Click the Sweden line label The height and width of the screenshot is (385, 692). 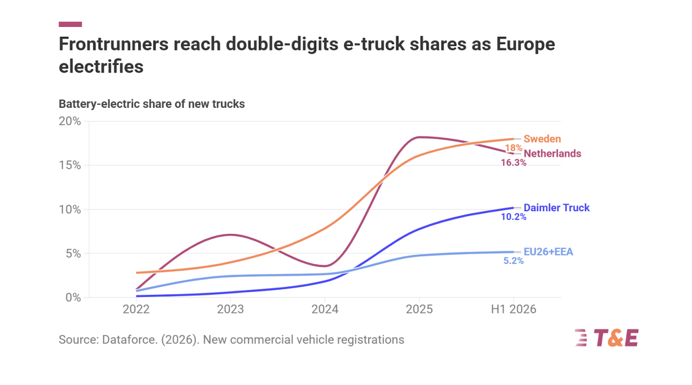coord(542,139)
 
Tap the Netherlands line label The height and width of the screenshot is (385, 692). coord(552,154)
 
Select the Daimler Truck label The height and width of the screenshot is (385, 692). coord(557,208)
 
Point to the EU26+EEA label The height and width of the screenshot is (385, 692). coord(548,252)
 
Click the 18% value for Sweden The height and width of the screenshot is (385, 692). coord(513,148)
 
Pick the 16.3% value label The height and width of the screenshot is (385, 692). coord(513,163)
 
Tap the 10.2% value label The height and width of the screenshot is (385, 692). coord(513,217)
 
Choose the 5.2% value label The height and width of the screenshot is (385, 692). coord(513,261)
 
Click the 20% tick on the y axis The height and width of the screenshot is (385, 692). coord(70,121)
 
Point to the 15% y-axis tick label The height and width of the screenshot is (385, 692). coord(70,165)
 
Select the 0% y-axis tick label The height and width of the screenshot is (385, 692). coord(73,298)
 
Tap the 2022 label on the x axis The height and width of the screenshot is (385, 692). coord(136,309)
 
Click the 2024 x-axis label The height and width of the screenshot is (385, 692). coord(325,309)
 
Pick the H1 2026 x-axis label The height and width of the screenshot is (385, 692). coord(513,309)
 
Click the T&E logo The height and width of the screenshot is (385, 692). coord(606,338)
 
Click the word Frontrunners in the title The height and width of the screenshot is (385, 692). coord(114,44)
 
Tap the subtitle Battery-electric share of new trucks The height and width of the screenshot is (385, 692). coord(152,104)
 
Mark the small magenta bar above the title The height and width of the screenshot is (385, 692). coord(70,24)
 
